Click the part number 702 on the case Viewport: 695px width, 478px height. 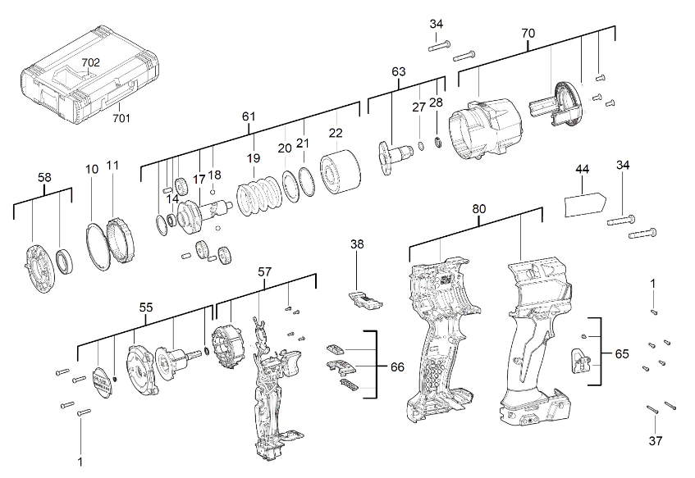point(90,63)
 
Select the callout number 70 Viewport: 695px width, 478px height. point(528,34)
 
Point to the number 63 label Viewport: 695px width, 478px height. point(399,72)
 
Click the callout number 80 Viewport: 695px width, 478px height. point(479,209)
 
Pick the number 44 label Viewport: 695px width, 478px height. point(583,168)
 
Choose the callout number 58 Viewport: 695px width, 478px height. point(45,176)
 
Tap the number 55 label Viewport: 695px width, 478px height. point(146,307)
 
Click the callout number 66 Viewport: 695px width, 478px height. point(397,366)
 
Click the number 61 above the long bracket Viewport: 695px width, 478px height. point(249,116)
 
